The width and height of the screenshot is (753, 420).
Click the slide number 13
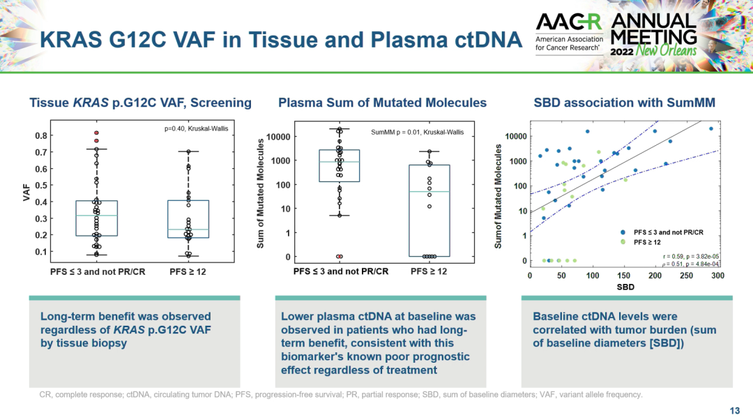coord(734,410)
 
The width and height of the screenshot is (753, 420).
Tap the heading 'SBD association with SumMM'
coord(624,103)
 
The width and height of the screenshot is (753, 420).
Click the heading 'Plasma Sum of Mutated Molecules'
coord(382,103)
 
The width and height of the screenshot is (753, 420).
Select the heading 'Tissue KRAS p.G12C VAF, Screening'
coord(140,103)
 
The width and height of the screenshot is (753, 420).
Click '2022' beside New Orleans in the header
coord(623,52)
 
